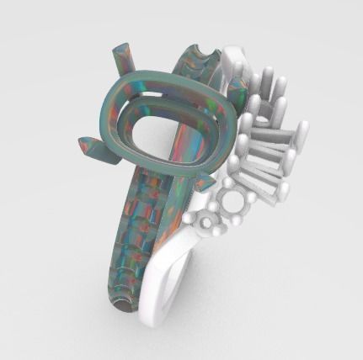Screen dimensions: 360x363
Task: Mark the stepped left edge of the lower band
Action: pyautogui.click(x=114, y=252)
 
